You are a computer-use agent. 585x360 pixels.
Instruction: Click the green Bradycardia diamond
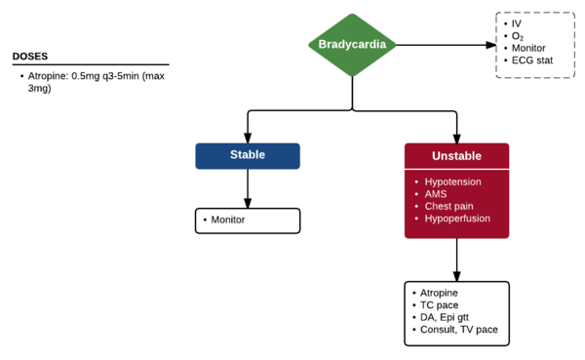tap(352, 45)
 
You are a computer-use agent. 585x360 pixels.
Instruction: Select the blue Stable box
tap(248, 156)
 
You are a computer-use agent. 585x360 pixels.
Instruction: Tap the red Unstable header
tap(456, 156)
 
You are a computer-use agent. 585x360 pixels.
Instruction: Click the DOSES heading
tap(30, 57)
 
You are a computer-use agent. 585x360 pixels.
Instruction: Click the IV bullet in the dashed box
tap(517, 22)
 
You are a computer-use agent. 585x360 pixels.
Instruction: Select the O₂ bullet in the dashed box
tap(518, 36)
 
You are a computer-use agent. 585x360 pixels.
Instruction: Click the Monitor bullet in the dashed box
tap(528, 49)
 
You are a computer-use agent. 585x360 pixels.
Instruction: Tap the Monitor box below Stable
tap(248, 220)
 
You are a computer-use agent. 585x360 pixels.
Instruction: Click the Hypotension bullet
tap(452, 181)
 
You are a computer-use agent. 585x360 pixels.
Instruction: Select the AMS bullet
tap(436, 194)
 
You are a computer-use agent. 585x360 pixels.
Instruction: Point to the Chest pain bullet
tap(449, 207)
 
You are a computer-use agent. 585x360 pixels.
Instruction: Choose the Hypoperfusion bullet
tap(456, 220)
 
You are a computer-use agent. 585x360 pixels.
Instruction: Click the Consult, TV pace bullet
tap(458, 331)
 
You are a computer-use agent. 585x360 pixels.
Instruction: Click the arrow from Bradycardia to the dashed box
tap(444, 45)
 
